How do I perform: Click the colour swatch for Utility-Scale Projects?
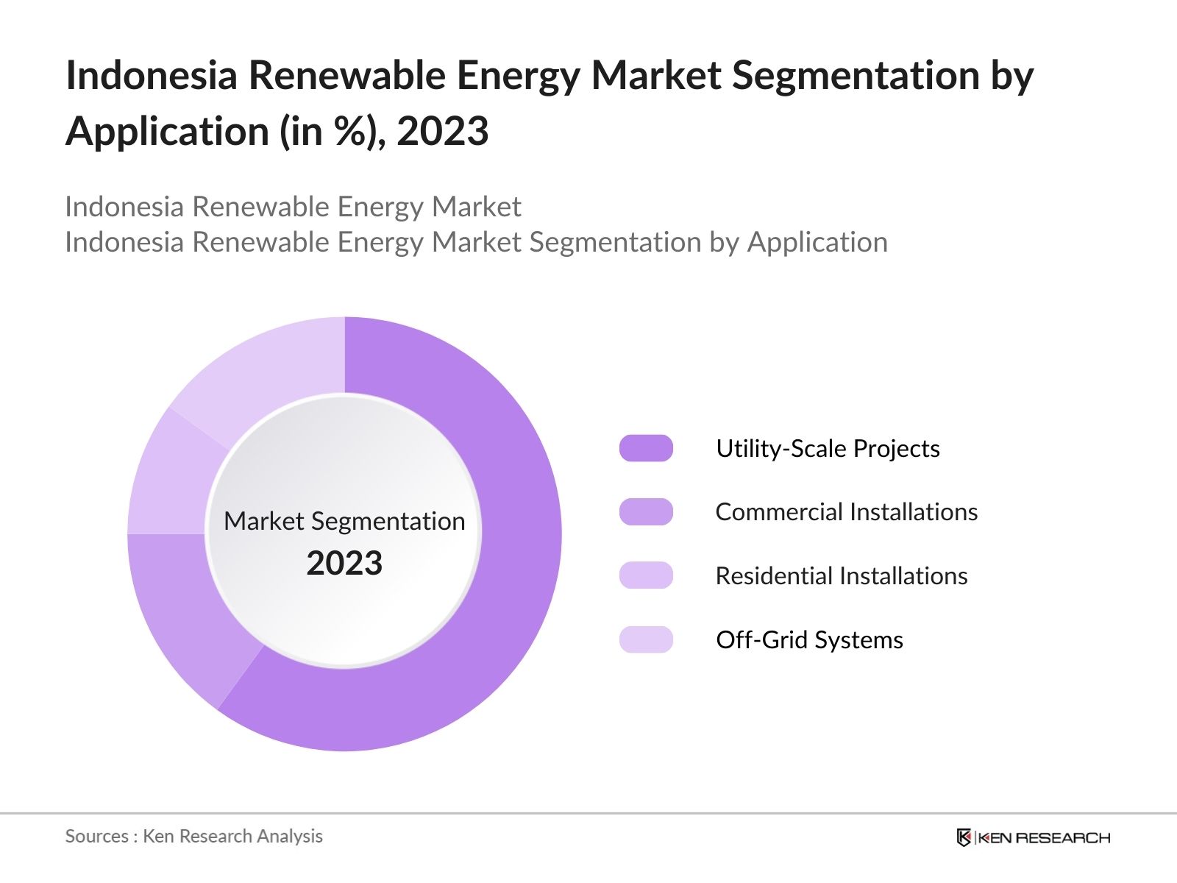(646, 448)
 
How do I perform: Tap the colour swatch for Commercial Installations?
(646, 512)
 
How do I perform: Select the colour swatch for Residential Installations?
(646, 575)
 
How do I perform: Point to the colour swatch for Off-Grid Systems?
(646, 639)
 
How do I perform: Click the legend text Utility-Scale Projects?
(828, 448)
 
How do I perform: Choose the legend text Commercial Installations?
(846, 512)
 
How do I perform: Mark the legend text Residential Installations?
(841, 575)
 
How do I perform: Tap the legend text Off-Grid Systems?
(809, 639)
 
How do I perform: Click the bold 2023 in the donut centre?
(344, 564)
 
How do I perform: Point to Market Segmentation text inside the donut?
(344, 521)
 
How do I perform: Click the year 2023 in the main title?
(443, 132)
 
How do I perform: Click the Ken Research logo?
(1033, 837)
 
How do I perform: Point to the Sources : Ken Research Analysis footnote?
(194, 836)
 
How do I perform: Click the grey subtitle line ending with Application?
(476, 242)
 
